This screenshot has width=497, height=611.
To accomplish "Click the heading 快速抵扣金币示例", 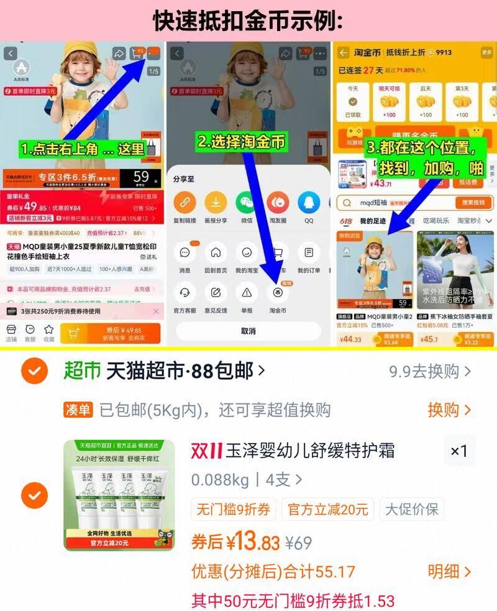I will coord(248,21).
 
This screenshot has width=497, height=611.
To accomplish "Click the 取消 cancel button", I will coord(248,331).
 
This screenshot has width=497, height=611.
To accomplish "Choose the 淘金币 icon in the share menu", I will coord(277,293).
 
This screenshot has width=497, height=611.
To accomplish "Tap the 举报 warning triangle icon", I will coord(247,293).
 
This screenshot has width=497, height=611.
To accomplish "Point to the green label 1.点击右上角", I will coord(83,149).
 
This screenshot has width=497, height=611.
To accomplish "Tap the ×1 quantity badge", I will coord(458,451).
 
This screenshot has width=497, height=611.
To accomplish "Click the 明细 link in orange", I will coord(449,571).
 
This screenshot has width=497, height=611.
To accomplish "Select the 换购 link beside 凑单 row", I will coord(449,410).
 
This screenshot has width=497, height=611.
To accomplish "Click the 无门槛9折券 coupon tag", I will coord(234,510).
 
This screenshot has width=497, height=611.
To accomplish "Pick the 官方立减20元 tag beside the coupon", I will coord(327,510).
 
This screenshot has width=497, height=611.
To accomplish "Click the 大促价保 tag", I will coord(411,510).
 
